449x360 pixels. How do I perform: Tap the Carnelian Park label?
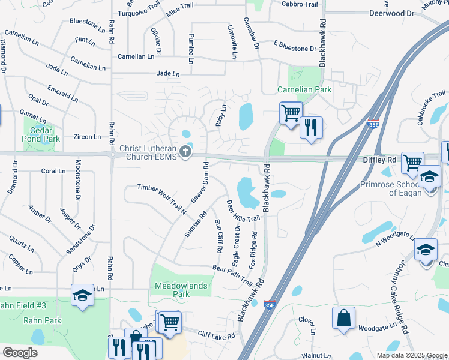(304, 90)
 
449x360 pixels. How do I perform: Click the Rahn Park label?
(43, 320)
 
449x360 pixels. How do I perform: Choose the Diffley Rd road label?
(379, 160)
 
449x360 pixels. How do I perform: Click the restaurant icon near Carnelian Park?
(311, 128)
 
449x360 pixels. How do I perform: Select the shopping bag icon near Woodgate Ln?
(343, 319)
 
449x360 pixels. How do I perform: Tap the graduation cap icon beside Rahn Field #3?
(82, 296)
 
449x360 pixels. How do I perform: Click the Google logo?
(20, 353)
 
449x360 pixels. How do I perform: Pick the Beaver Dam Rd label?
(200, 182)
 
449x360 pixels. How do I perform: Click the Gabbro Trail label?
(300, 4)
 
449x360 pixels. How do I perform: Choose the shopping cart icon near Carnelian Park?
(291, 113)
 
